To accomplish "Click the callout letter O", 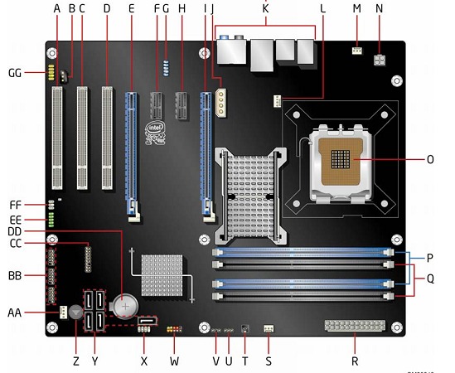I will [429, 158].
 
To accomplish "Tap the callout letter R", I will [356, 362].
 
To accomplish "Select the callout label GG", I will [15, 73].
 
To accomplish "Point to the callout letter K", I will [265, 8].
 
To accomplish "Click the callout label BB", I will [15, 275].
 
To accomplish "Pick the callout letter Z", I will [76, 362].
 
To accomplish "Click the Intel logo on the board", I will [154, 130].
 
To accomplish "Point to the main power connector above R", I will [355, 325].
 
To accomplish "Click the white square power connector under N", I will [380, 61].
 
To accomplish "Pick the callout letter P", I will [429, 257].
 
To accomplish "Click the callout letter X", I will [144, 362].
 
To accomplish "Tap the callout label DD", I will [15, 231].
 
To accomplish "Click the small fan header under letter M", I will [357, 51].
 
